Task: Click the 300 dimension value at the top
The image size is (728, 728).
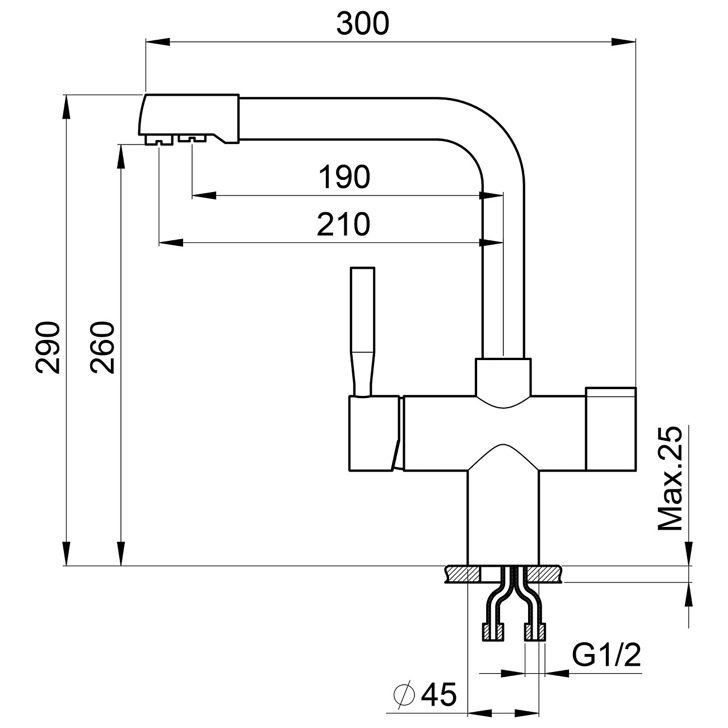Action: (362, 24)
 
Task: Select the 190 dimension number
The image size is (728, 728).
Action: (344, 178)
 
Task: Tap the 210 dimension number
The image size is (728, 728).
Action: (344, 225)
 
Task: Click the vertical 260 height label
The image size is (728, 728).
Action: (103, 347)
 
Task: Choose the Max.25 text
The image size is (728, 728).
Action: (670, 479)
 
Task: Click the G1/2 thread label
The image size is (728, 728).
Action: (606, 656)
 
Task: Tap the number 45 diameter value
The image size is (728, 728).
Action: (439, 695)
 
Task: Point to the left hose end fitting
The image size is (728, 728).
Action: (493, 632)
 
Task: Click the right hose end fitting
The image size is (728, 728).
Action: (535, 632)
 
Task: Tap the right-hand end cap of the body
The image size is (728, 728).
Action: (610, 428)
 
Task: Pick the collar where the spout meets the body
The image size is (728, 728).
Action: (502, 378)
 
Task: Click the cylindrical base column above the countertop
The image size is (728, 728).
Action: (502, 515)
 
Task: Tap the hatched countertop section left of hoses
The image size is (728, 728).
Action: (462, 574)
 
